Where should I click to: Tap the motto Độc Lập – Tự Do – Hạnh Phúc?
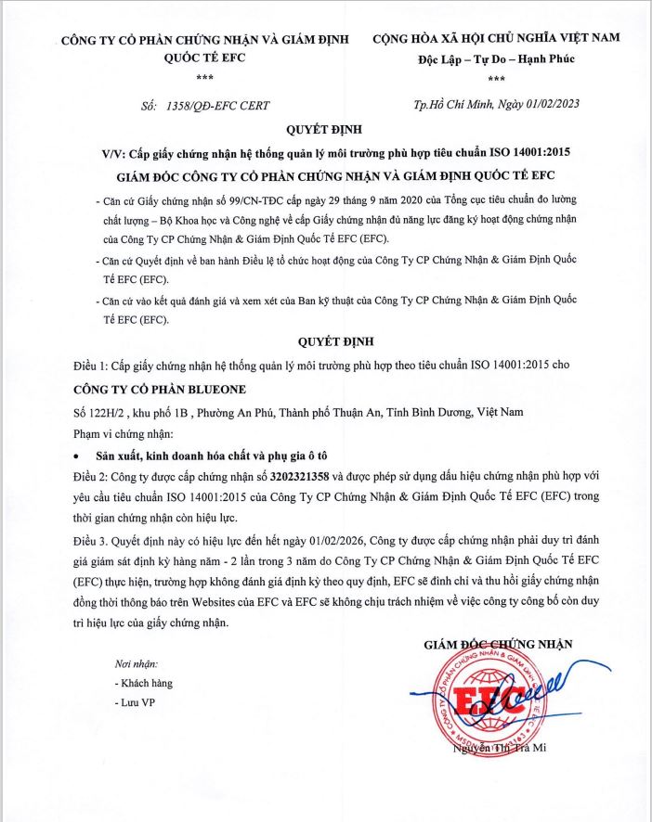pos(496,59)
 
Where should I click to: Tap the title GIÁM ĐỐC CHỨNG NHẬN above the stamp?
pos(497,643)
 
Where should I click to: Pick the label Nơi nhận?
pos(137,664)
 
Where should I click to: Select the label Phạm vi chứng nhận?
pos(122,433)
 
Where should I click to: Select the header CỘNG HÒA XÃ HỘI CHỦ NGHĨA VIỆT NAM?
pos(495,40)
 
